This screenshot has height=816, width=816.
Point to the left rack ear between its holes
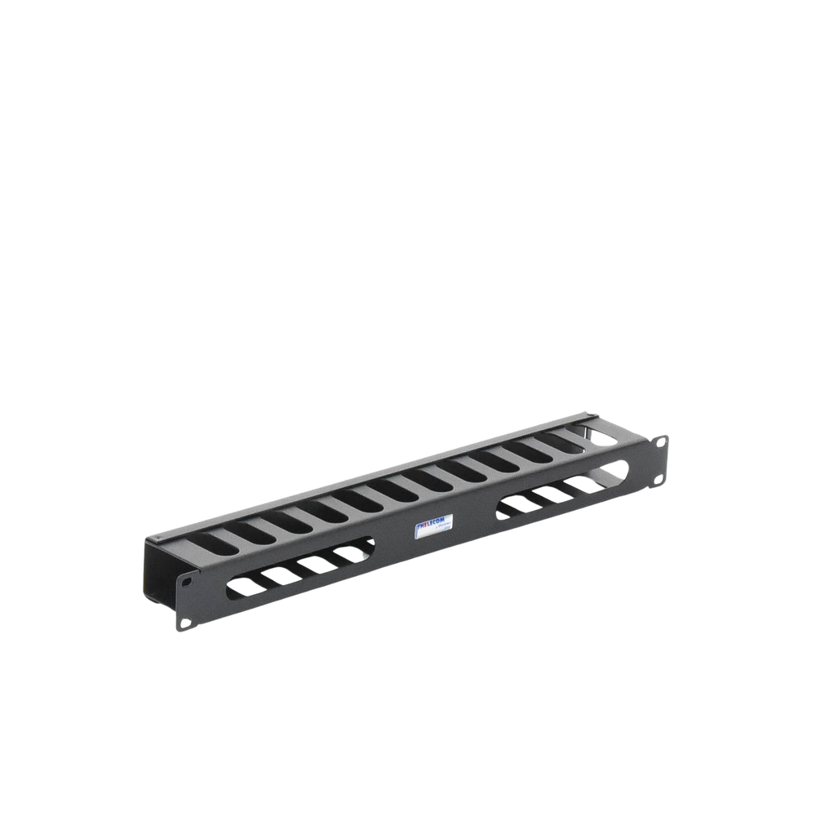click(x=184, y=604)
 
